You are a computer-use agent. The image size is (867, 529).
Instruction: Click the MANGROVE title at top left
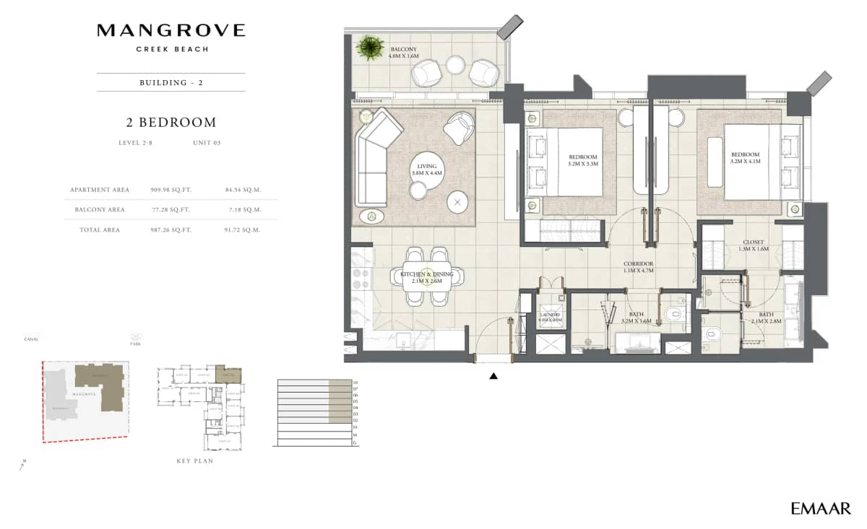coord(171,30)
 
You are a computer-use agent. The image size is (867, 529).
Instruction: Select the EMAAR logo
coord(820,509)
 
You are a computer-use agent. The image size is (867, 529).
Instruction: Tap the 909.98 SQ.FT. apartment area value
coord(170,190)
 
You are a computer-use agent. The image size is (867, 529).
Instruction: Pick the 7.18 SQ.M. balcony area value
coord(243,210)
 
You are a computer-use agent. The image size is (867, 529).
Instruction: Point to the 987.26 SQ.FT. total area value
coord(170,230)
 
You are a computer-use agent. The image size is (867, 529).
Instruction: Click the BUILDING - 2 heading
coord(171,82)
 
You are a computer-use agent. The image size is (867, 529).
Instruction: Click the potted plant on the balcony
coord(370,48)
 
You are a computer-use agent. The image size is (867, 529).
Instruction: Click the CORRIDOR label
coord(639,268)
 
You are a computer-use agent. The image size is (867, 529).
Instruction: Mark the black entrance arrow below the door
coord(494,376)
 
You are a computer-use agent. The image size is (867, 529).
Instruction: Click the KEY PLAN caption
coord(195,460)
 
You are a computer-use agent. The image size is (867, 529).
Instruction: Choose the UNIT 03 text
coord(207,143)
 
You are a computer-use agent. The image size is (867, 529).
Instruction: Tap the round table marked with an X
coord(457,202)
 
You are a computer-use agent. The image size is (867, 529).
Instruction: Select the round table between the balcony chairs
coord(455,65)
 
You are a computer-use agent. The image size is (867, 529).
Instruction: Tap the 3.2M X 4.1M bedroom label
coord(745,159)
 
